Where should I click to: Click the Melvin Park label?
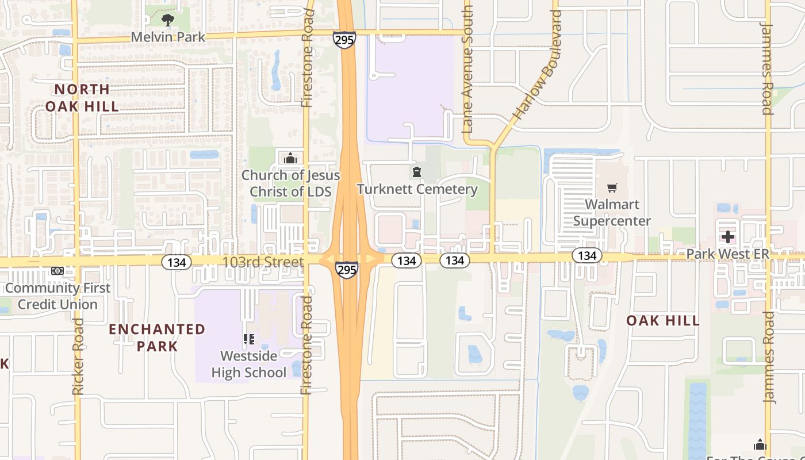tap(168, 37)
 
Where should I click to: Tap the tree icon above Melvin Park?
tap(167, 21)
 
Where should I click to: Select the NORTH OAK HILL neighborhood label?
tap(82, 98)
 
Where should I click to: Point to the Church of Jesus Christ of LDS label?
tap(291, 183)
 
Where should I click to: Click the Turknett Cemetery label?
tap(417, 189)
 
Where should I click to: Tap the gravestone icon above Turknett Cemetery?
tap(417, 171)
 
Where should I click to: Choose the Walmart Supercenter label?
tap(612, 213)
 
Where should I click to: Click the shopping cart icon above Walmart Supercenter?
tap(612, 187)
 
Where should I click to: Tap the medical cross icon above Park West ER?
tap(728, 237)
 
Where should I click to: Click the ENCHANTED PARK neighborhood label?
tap(157, 338)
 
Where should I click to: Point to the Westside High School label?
tap(248, 365)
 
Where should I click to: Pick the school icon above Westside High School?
tap(248, 339)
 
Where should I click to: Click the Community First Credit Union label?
tap(57, 296)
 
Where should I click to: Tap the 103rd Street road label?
tap(263, 262)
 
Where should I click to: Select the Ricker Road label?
tap(79, 356)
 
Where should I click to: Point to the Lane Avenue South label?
tap(467, 69)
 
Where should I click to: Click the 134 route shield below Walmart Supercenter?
tap(586, 256)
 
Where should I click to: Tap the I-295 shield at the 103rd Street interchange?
tap(347, 270)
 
